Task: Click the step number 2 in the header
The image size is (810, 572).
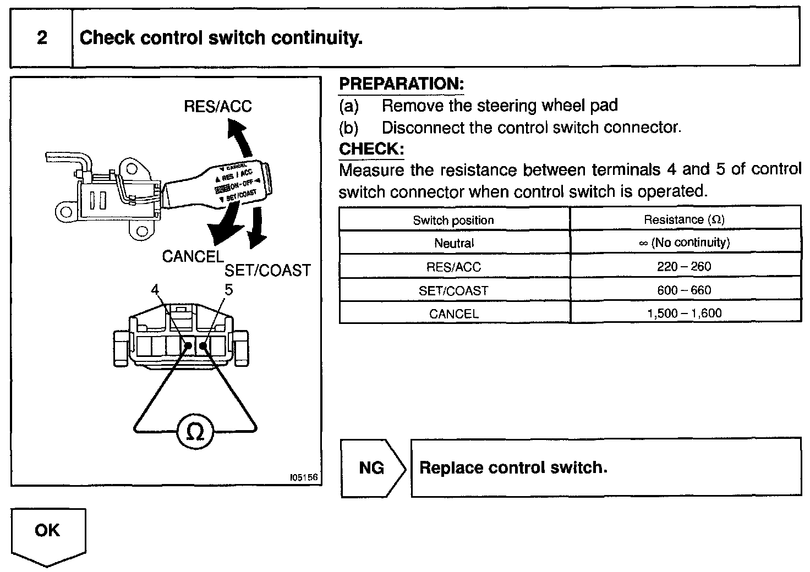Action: point(42,38)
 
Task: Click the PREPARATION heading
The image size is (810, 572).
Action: point(401,84)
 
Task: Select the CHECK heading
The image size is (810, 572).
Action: point(371,149)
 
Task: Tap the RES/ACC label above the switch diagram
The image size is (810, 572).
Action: point(217,106)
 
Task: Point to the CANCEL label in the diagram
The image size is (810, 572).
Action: point(193,256)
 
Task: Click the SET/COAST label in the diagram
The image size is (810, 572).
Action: point(267,271)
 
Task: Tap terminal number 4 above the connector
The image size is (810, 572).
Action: point(155,290)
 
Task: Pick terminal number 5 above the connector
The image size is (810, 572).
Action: point(228,290)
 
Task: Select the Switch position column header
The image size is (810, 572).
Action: point(453,220)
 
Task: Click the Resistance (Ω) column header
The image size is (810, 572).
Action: point(684,219)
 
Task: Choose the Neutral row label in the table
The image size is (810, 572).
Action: point(453,243)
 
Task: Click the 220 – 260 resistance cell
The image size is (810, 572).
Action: point(684,267)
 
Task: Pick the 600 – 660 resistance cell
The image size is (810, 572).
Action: point(684,290)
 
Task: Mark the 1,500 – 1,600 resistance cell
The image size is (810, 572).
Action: point(684,313)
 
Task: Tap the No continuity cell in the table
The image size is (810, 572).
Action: point(684,243)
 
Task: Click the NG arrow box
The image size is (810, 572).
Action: point(373,468)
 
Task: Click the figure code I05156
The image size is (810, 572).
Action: point(303,478)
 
